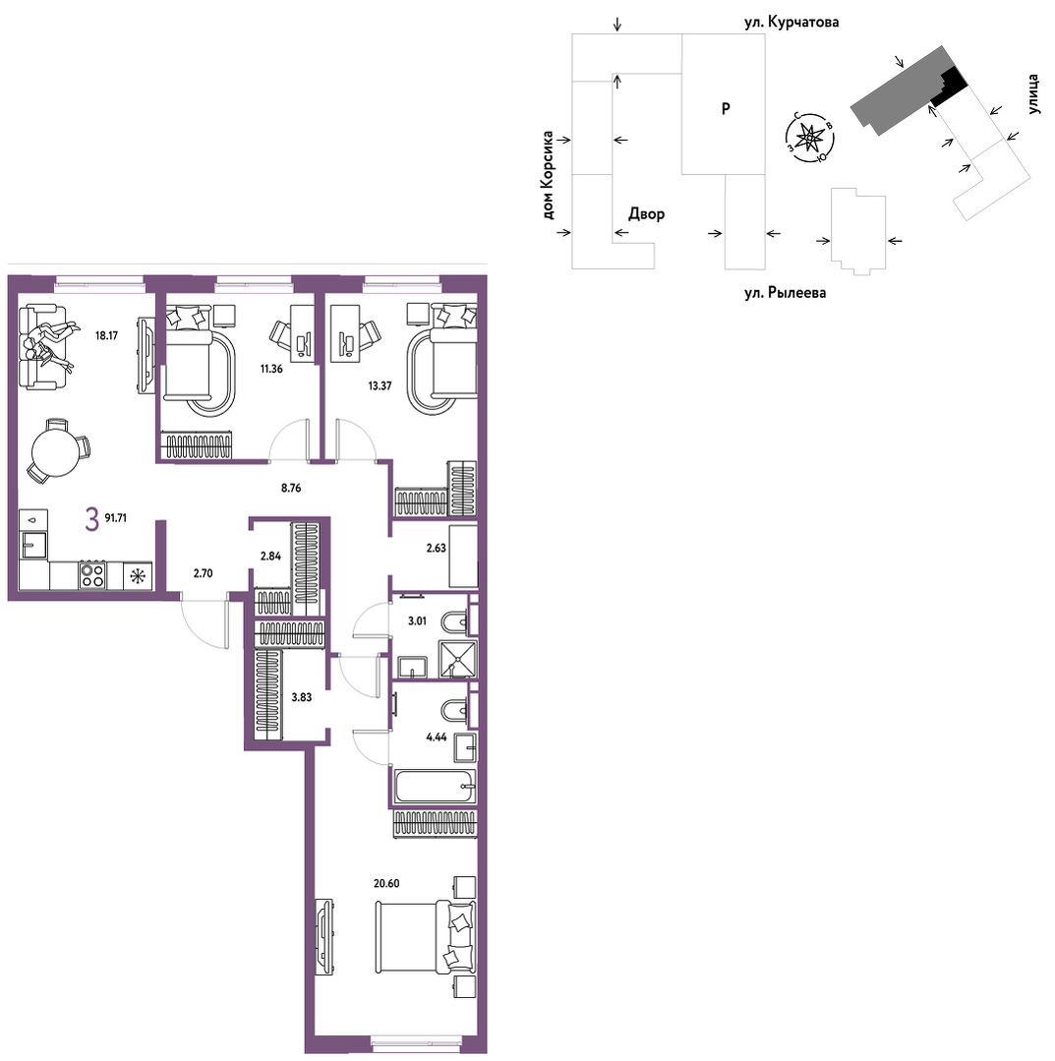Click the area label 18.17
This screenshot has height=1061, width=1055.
coord(106,335)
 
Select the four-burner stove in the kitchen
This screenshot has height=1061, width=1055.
coord(92,575)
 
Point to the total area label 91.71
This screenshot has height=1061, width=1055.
coord(116,517)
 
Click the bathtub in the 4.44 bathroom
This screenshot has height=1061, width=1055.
coord(436,787)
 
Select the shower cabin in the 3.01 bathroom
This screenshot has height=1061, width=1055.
coord(458,659)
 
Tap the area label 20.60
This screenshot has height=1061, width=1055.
coord(386,883)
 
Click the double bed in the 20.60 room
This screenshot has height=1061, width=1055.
coord(426,936)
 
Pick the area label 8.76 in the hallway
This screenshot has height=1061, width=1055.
coord(291,487)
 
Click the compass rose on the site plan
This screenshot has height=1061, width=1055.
coord(809,138)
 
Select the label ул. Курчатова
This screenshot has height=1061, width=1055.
coord(791,23)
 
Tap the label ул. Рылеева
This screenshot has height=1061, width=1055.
coord(785,293)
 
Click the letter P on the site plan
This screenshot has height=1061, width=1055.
coord(726,108)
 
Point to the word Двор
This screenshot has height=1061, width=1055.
coord(646,213)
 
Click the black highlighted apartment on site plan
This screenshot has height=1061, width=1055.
coord(948,88)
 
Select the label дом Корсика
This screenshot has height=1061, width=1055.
coord(548,175)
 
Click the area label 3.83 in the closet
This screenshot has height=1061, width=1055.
coord(301,697)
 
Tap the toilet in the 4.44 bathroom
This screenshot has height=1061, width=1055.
coord(453,711)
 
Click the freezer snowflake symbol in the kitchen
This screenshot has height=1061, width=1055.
coord(138,576)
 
